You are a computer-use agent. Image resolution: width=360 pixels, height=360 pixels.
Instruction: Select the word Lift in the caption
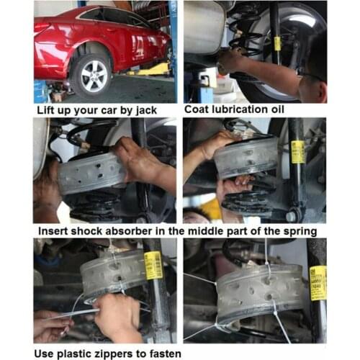(48, 110)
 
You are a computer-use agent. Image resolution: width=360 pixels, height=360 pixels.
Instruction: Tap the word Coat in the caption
(199, 110)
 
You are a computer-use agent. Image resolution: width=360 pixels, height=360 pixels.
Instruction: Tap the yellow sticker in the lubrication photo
(277, 43)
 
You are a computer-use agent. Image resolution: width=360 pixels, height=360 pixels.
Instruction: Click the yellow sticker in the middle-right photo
(297, 151)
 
